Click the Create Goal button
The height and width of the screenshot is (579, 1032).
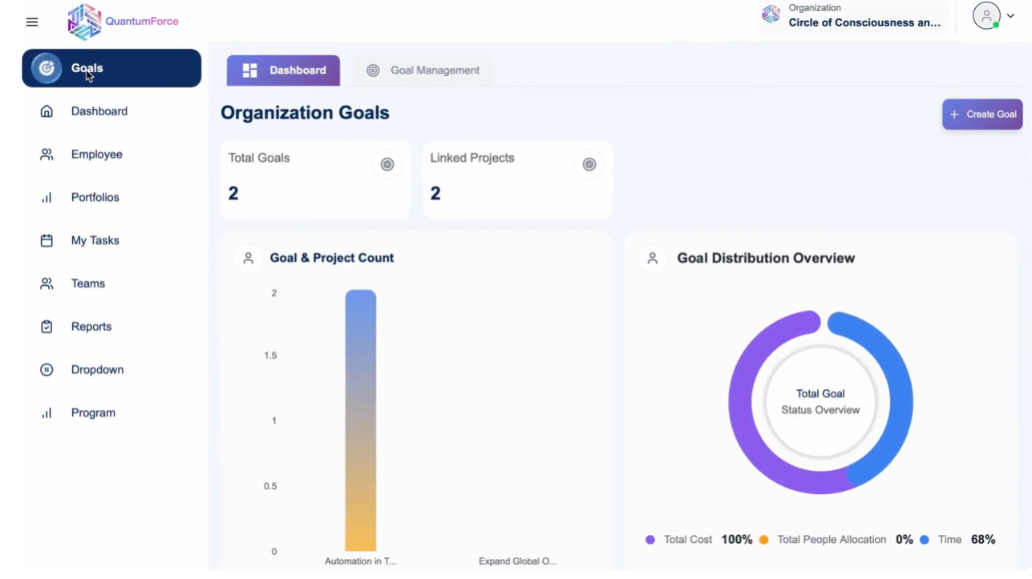982,115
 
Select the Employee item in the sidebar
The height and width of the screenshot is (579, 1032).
96,155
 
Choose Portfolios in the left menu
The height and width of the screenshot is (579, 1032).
95,198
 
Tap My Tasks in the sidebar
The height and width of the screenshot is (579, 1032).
95,241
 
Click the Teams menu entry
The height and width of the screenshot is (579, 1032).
87,283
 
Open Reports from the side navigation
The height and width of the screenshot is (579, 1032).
91,327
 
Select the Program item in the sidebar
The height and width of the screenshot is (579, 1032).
93,413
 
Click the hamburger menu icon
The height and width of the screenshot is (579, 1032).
32,22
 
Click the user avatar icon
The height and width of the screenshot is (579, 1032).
986,16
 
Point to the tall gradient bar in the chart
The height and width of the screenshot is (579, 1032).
361,420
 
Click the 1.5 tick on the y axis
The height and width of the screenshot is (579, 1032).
270,356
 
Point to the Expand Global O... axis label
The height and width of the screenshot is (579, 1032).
517,561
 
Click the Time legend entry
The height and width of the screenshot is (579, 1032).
949,540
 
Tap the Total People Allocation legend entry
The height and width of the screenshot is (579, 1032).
832,540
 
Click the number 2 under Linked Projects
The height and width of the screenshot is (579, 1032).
435,194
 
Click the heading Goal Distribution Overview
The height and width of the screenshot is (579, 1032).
766,259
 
